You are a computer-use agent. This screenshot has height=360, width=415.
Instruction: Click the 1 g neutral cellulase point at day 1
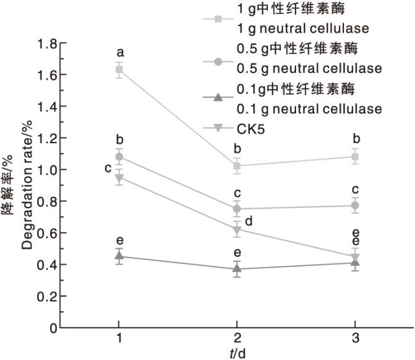click(x=119, y=70)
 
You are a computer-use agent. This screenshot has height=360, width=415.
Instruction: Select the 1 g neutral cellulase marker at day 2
click(x=237, y=166)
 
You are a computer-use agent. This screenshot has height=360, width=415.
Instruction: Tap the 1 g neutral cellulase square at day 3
click(x=356, y=157)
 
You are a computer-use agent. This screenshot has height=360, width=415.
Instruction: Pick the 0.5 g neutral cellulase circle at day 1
click(x=119, y=157)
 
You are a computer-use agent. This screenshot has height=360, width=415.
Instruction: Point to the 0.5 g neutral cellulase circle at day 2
click(x=237, y=209)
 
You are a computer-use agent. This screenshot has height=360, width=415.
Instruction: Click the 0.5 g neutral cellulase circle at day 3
click(x=356, y=206)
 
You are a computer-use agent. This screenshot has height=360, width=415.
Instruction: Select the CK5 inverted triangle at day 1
click(x=119, y=178)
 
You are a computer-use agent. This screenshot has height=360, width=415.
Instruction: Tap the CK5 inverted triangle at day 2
click(x=237, y=230)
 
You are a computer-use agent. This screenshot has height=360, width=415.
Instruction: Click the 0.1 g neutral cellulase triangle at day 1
click(x=119, y=256)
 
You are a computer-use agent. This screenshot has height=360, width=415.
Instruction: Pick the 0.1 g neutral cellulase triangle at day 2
click(x=237, y=269)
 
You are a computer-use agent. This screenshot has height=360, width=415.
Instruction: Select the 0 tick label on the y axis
click(x=54, y=328)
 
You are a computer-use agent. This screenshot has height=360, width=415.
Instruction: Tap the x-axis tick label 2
click(x=237, y=338)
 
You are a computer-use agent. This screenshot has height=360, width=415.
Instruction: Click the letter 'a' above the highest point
click(x=119, y=51)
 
